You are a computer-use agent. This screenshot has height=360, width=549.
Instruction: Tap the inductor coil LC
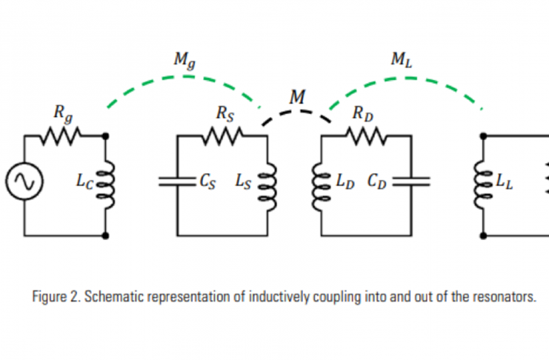(107, 181)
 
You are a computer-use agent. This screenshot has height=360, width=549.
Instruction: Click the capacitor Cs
(176, 181)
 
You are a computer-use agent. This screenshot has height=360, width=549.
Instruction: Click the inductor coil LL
(484, 181)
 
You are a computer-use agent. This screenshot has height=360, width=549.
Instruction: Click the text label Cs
(210, 181)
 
